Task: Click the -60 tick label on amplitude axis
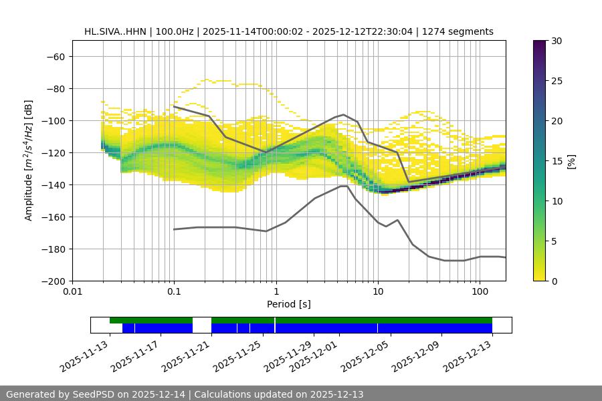pos(55,57)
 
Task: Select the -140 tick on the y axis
pos(52,185)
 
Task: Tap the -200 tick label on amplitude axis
pos(52,281)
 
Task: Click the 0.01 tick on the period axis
pos(72,292)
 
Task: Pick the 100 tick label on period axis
pos(480,292)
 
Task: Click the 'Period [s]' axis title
pos(288,304)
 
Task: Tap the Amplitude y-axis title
pos(29,160)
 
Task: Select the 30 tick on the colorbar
pos(557,41)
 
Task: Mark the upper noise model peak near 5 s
pos(344,114)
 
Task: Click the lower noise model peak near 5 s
pos(344,186)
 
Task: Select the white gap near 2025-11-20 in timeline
pos(202,325)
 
